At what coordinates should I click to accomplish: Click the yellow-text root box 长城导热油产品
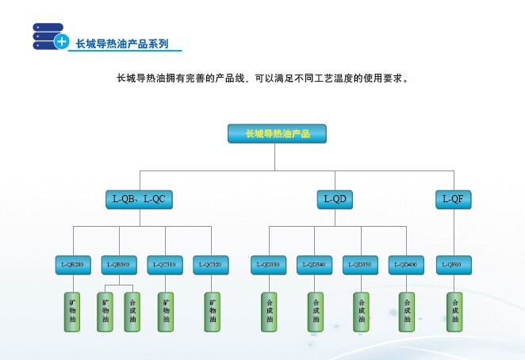pyautogui.click(x=278, y=134)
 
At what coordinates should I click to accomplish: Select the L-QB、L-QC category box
pyautogui.click(x=140, y=198)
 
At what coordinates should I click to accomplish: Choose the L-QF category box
pyautogui.click(x=453, y=198)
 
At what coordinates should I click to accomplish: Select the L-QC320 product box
pyautogui.click(x=212, y=264)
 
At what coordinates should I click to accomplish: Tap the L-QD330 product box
pyautogui.click(x=270, y=264)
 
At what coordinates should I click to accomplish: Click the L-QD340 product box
pyautogui.click(x=315, y=264)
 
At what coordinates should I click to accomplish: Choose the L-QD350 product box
pyautogui.click(x=361, y=264)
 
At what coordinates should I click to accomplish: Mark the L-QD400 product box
pyautogui.click(x=407, y=264)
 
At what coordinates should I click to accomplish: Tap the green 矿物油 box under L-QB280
pyautogui.click(x=73, y=312)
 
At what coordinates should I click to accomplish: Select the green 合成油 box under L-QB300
pyautogui.click(x=132, y=312)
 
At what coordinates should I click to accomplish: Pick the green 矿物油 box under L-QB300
pyautogui.click(x=105, y=312)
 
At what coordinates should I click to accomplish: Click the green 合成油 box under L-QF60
pyautogui.click(x=454, y=312)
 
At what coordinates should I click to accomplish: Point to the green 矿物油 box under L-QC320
pyautogui.click(x=212, y=312)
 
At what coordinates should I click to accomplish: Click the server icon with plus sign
pyautogui.click(x=49, y=36)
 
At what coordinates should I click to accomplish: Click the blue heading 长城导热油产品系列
pyautogui.click(x=121, y=44)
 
